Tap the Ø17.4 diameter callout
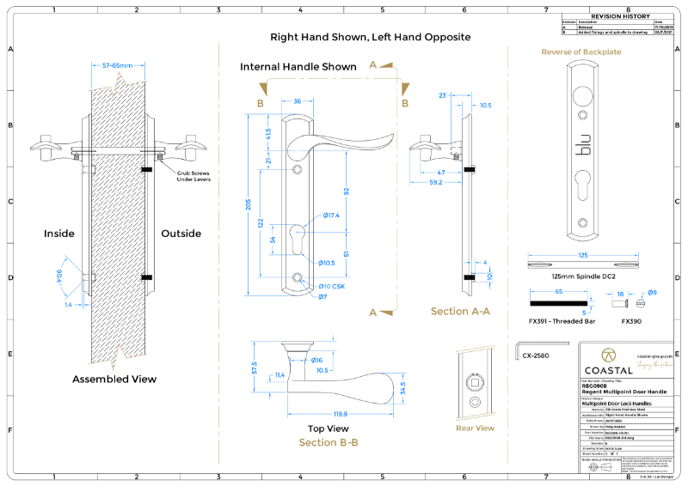pyautogui.click(x=331, y=215)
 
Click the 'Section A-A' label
pyautogui.click(x=460, y=311)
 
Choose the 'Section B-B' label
pyautogui.click(x=328, y=442)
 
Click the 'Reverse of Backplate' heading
pyautogui.click(x=580, y=52)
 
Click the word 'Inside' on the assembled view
pyautogui.click(x=59, y=234)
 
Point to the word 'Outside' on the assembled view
pyautogui.click(x=181, y=234)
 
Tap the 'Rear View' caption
pyautogui.click(x=474, y=428)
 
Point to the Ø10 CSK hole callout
pyautogui.click(x=332, y=285)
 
